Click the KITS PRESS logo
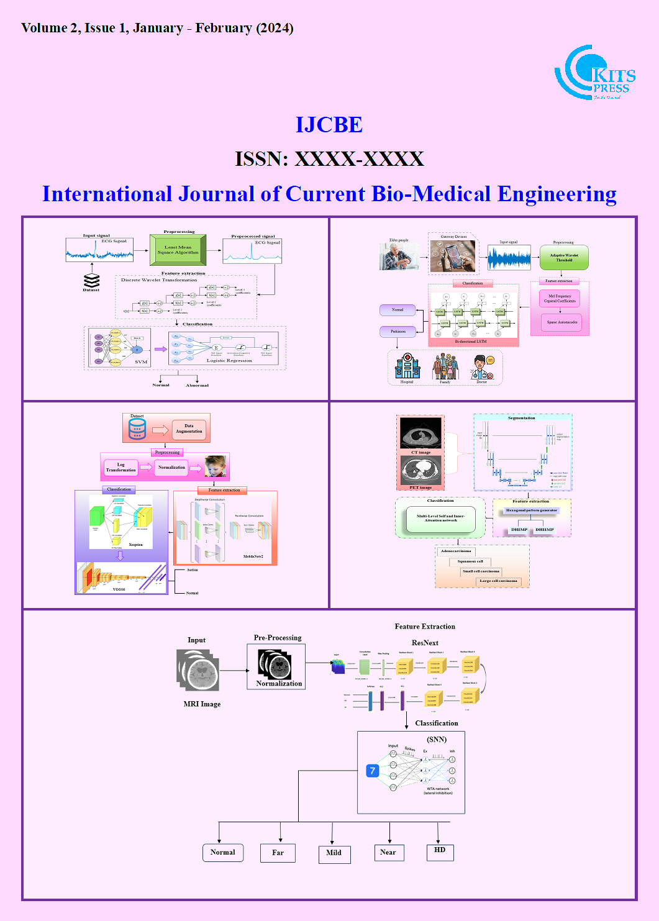click(594, 73)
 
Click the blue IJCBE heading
click(329, 125)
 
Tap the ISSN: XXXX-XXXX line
click(329, 159)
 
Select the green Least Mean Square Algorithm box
click(178, 250)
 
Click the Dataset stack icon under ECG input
click(91, 280)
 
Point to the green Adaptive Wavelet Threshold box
click(563, 258)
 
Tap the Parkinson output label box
click(398, 332)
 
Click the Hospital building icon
click(407, 366)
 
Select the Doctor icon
click(482, 366)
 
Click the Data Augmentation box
click(189, 429)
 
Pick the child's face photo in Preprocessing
click(215, 466)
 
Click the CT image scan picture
click(420, 432)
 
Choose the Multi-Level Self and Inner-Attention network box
click(440, 518)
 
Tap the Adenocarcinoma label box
click(456, 551)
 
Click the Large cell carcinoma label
click(498, 581)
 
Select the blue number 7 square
click(373, 771)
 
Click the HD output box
click(440, 851)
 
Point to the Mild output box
click(334, 853)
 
